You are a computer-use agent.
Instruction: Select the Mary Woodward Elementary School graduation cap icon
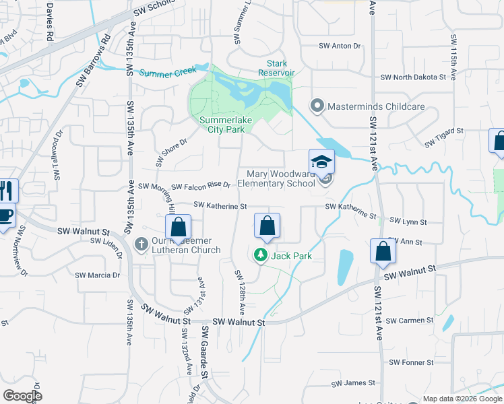coord(321,162)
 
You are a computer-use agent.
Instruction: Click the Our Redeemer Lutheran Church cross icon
coord(141,243)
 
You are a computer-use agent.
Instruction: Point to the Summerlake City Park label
coord(222,125)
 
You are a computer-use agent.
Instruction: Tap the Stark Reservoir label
coord(276,68)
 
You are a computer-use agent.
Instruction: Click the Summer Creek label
coord(168,71)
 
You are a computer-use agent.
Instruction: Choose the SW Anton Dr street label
coord(340,46)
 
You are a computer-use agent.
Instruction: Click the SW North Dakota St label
coord(413,77)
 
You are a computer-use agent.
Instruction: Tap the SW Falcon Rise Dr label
coord(201,186)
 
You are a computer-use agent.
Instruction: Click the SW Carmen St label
coord(410,321)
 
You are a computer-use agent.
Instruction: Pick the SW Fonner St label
coord(411,362)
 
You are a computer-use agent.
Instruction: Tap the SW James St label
coord(353,383)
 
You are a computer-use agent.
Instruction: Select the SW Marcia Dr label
coord(97,275)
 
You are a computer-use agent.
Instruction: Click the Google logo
coord(22,396)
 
